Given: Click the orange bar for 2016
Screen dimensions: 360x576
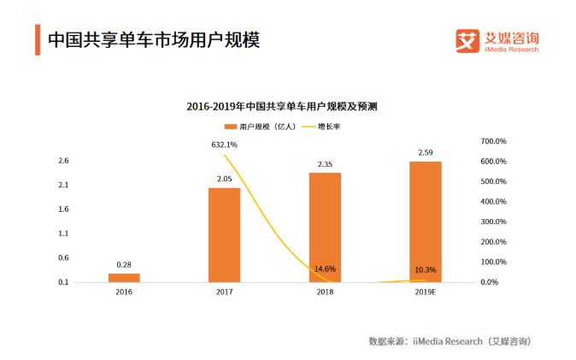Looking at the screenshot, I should coord(123,277).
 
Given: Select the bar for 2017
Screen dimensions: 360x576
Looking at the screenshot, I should coord(224,234).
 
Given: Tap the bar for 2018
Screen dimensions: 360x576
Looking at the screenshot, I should coord(325,227).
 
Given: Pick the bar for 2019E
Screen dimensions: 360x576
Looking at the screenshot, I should coord(425,221).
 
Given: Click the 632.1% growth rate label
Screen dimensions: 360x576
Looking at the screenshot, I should coord(224,145).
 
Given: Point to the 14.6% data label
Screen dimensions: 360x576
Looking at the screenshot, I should coord(325,269).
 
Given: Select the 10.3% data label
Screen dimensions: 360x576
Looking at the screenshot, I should coord(425,270).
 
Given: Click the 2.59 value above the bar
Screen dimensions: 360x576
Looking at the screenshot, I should coord(425,153).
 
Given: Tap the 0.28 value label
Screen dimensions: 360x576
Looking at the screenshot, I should coord(123,265).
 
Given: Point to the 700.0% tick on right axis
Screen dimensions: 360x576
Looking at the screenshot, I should coord(495,141).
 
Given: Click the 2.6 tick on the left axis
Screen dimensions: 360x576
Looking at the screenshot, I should coord(63,161).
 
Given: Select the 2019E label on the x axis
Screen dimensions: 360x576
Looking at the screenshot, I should coord(425,292).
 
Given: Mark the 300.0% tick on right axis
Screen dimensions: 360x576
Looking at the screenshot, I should coord(495,221).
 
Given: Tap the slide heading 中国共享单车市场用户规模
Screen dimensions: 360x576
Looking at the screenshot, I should coord(152,40).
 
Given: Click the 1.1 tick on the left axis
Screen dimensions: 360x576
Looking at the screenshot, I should coord(63,233).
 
